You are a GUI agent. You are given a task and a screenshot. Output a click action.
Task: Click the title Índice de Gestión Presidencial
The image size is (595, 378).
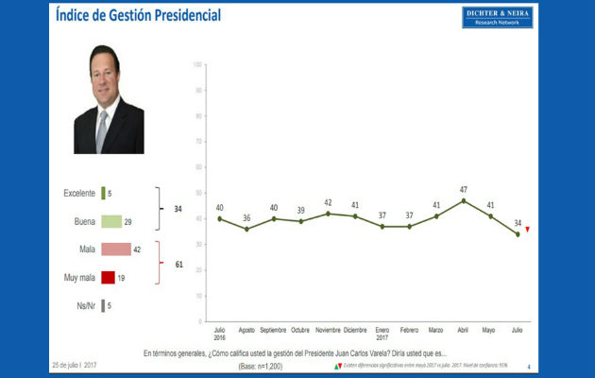[138, 16]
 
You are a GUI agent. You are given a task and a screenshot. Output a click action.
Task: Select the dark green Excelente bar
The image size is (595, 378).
[102, 194]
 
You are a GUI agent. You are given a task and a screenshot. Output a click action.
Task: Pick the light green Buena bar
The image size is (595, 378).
[110, 221]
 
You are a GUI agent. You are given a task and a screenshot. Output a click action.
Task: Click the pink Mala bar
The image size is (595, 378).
[115, 249]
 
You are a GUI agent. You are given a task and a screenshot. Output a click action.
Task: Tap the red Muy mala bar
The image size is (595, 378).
[107, 277]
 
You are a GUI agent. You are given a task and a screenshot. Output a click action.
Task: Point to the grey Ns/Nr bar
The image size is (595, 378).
[102, 305]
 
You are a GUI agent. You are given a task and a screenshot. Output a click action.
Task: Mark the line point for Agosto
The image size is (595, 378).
[246, 229]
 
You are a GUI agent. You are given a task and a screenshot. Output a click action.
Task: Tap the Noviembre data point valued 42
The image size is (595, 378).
[328, 214]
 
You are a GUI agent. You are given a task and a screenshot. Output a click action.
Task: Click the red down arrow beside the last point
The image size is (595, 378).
[527, 230]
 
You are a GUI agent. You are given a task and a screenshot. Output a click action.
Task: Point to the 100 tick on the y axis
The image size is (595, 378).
[195, 64]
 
